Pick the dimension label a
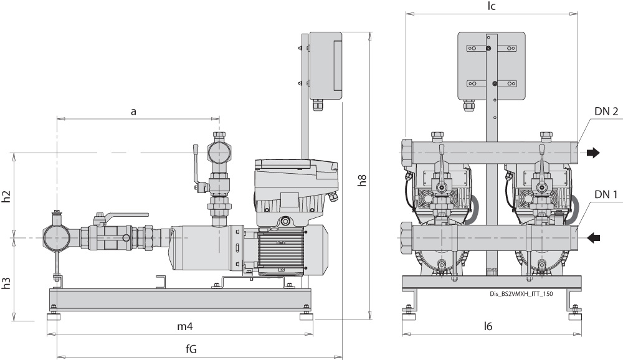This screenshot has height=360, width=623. [133, 111]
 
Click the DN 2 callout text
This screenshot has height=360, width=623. [606, 111]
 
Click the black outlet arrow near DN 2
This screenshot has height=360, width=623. [595, 152]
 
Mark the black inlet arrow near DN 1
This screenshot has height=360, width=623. [595, 237]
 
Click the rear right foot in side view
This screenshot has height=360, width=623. [307, 316]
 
